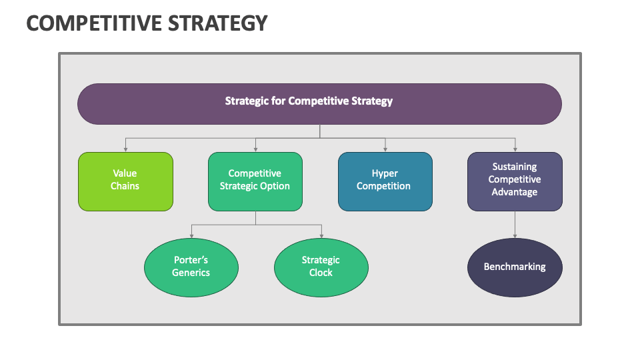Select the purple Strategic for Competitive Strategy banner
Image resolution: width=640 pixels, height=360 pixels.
click(x=319, y=103)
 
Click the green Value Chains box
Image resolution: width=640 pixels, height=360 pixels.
click(x=125, y=181)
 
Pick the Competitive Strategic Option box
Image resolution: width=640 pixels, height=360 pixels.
click(x=255, y=181)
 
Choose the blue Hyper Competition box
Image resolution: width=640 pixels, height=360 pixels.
click(x=385, y=181)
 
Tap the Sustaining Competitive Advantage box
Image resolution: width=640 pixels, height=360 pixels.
click(x=515, y=181)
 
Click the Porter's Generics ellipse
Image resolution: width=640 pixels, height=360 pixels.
click(x=191, y=267)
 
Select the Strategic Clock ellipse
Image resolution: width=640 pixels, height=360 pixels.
click(x=321, y=267)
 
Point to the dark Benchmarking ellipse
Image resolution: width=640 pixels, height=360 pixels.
click(x=515, y=267)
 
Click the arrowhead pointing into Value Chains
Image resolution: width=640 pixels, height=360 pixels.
click(x=125, y=149)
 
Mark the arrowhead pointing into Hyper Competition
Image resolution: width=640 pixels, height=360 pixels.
click(x=385, y=149)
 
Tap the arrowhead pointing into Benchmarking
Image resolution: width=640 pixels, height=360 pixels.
click(x=515, y=235)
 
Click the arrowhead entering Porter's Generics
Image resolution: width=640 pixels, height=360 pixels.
click(x=191, y=235)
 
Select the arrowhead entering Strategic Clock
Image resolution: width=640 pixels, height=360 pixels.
click(x=321, y=235)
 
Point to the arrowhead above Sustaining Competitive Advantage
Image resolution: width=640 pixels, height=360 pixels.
click(x=515, y=149)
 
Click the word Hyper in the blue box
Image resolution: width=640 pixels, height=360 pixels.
click(x=385, y=173)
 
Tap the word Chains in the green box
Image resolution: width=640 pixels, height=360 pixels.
click(x=125, y=186)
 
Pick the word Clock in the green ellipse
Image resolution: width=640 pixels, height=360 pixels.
click(x=321, y=273)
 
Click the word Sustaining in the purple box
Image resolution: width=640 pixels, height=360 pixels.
click(x=515, y=167)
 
